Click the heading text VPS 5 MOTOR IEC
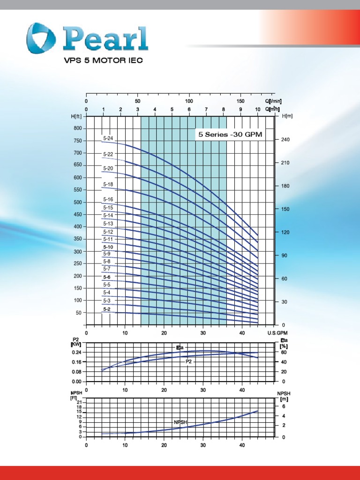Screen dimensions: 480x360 click(103, 60)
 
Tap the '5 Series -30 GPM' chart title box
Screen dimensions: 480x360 click(229, 135)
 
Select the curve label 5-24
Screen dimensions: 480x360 click(108, 138)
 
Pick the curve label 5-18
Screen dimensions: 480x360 click(108, 185)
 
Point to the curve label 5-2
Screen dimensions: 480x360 click(107, 309)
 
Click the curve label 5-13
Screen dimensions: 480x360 click(108, 224)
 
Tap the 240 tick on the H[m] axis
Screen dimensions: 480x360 click(285, 140)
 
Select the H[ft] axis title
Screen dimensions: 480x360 click(76, 116)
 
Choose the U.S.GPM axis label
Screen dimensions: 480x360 click(277, 333)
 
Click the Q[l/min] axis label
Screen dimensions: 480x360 click(273, 101)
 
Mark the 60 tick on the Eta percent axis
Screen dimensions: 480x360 click(283, 352)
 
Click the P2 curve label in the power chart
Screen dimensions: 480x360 click(189, 361)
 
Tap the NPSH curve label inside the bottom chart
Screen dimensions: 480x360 click(180, 422)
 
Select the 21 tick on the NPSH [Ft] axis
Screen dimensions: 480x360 click(79, 403)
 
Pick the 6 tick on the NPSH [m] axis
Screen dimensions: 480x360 click(283, 406)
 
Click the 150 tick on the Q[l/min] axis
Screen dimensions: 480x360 click(240, 101)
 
